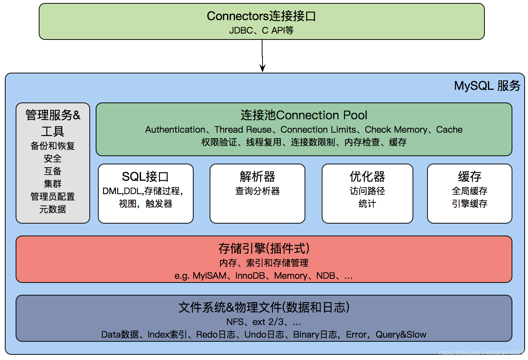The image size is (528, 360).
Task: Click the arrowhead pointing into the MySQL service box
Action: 263,69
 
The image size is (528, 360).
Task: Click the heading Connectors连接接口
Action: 261,16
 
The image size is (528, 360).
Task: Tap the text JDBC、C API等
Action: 261,30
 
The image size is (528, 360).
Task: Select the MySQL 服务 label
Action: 487,86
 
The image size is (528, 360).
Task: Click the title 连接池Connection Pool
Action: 304,115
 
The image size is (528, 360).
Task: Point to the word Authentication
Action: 175,130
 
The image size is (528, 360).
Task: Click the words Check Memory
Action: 396,130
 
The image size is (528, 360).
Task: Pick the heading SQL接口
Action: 145,177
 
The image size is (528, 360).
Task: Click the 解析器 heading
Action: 257,177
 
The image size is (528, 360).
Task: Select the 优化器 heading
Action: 367,177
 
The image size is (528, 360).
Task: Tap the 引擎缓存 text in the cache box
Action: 470,204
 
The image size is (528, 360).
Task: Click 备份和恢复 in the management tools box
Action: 53,146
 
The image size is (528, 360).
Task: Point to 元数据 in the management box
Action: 53,209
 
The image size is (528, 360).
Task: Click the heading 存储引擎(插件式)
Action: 264,248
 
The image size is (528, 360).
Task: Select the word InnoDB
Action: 250,276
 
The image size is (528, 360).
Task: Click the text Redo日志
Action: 216,335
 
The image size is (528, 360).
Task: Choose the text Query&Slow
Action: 401,335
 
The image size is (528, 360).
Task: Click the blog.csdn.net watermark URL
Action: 481,353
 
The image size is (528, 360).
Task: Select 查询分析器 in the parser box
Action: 257,191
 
